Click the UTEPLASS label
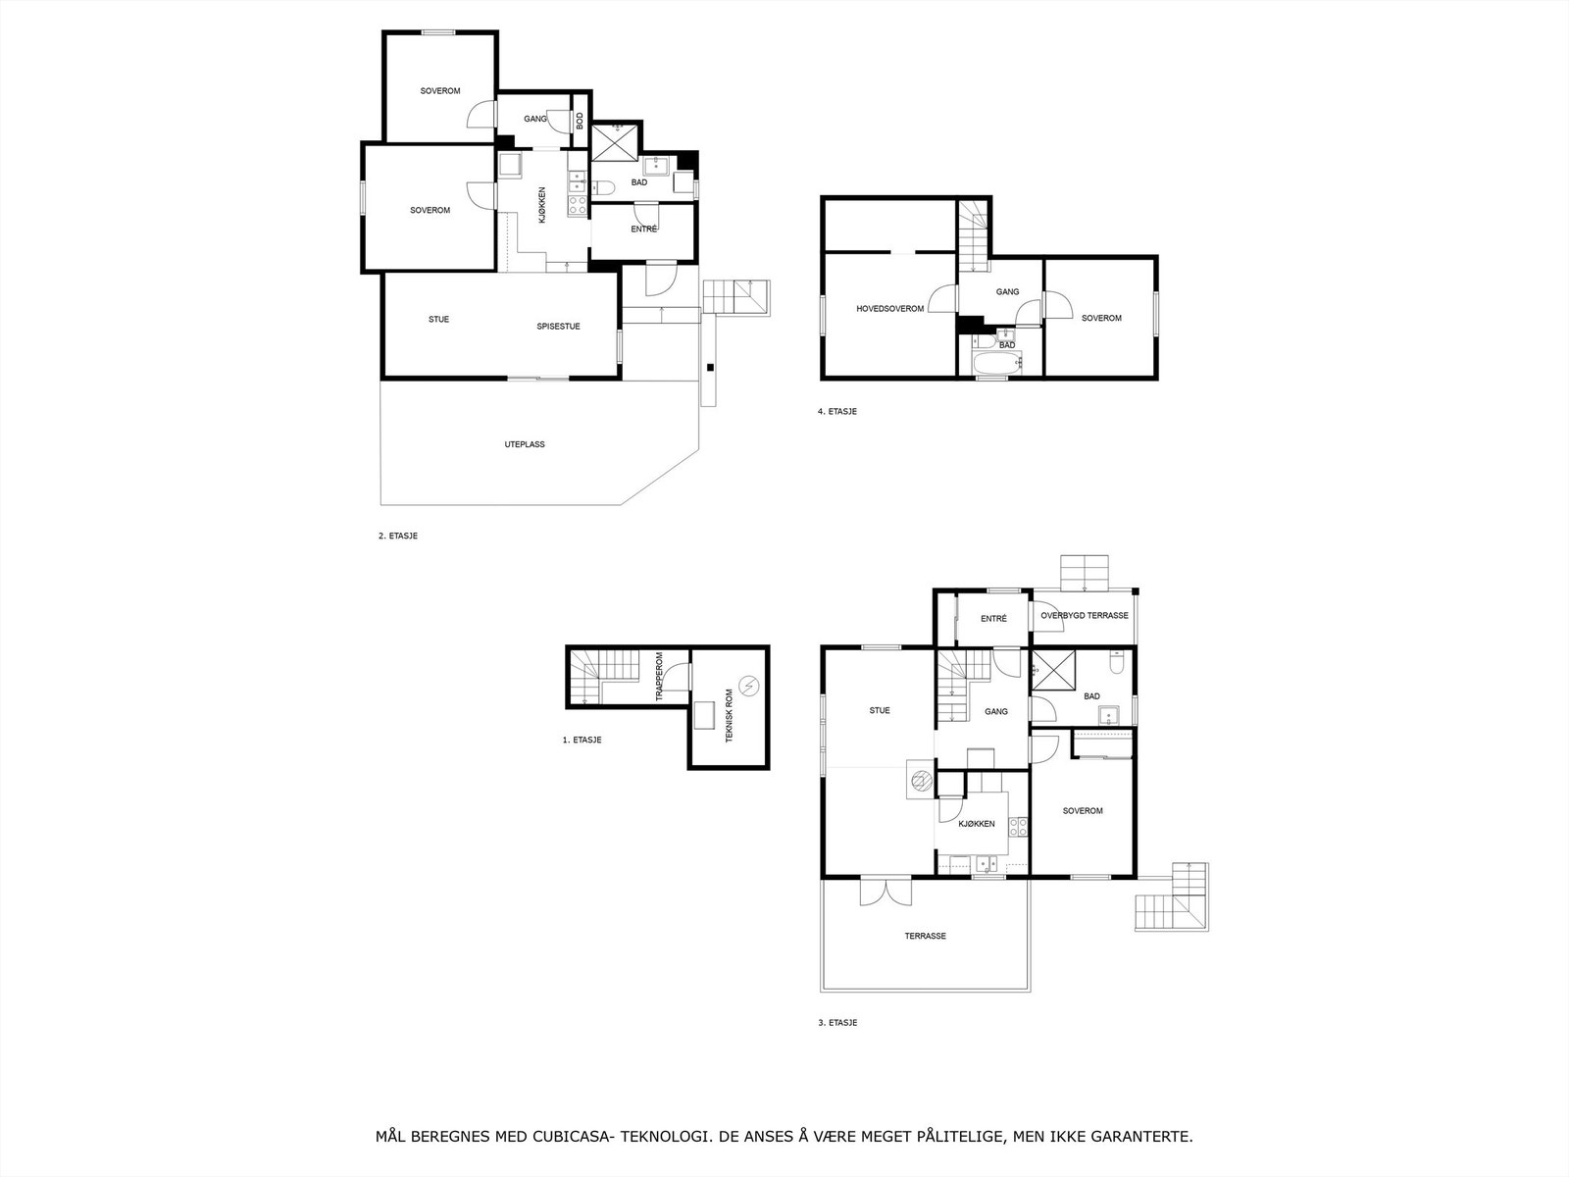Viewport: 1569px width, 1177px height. [525, 444]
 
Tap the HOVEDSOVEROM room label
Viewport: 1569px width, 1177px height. [890, 309]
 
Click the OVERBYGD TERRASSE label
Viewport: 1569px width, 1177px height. [1085, 616]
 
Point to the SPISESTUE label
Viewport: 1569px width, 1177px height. [558, 326]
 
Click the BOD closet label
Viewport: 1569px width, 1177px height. [580, 121]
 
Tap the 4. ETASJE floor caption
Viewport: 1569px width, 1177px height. [837, 411]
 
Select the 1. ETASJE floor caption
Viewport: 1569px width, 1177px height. [582, 740]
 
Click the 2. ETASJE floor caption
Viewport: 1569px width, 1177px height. [397, 536]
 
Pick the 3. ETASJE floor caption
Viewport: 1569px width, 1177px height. [837, 1022]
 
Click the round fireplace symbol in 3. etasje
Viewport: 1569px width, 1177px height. [920, 781]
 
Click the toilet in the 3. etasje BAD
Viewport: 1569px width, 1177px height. [1116, 664]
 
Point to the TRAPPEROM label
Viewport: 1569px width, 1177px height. [659, 677]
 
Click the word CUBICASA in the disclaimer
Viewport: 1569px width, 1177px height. [568, 1138]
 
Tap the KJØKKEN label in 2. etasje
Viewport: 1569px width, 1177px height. [541, 205]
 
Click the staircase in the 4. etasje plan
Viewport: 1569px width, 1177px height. [973, 235]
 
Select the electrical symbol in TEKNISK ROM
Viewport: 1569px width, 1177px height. [750, 684]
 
